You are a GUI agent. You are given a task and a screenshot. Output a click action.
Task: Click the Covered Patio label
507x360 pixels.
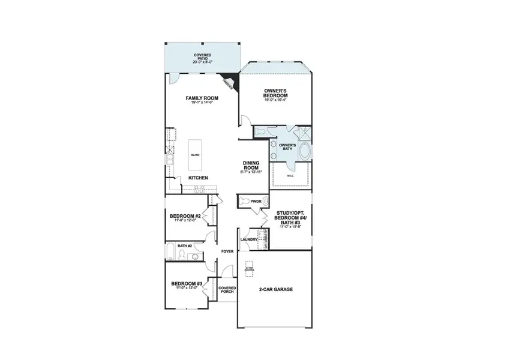click(202, 56)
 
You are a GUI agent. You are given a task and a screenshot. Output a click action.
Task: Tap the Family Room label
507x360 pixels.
click(202, 98)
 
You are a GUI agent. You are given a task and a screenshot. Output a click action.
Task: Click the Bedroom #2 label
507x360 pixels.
click(184, 216)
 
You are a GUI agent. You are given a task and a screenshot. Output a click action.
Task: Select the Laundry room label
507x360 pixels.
click(248, 239)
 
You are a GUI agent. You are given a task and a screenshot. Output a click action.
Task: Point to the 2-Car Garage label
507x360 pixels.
click(275, 290)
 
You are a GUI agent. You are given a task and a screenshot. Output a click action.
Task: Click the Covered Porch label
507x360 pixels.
click(227, 290)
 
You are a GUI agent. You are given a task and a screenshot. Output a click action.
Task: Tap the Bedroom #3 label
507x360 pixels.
click(184, 284)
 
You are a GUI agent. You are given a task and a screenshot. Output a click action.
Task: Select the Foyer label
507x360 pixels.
click(227, 251)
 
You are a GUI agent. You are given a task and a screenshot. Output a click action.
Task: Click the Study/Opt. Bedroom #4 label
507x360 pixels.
click(290, 217)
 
